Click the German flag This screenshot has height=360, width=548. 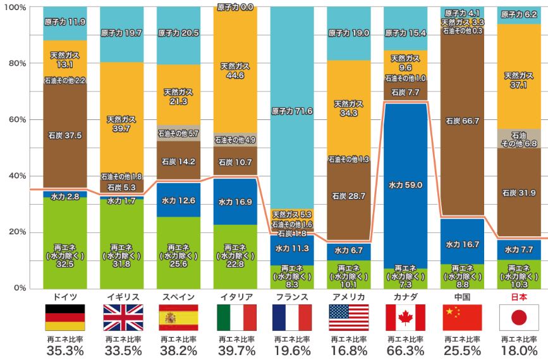pyautogui.click(x=64, y=318)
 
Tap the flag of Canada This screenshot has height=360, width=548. pyautogui.click(x=405, y=318)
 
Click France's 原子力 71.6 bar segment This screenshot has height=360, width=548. pyautogui.click(x=291, y=111)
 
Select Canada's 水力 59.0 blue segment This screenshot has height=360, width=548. pyautogui.click(x=405, y=185)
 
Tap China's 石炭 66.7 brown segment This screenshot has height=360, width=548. pyautogui.click(x=461, y=121)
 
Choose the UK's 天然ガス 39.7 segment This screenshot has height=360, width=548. pyautogui.click(x=121, y=123)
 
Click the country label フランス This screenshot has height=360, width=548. pyautogui.click(x=291, y=297)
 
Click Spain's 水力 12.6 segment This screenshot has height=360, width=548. pyautogui.click(x=178, y=200)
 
